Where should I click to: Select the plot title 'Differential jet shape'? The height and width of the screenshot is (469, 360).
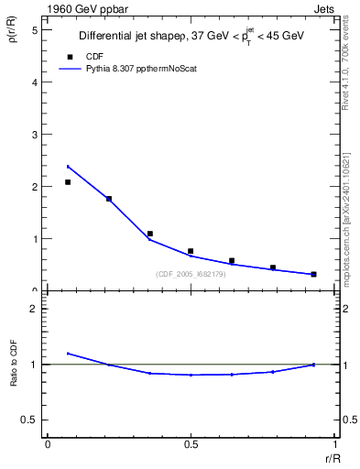click(x=130, y=36)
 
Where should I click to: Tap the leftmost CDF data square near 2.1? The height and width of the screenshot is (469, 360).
click(x=68, y=182)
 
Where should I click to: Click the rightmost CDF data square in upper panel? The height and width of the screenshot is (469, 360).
click(x=313, y=274)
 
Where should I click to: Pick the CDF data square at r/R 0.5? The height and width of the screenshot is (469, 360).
click(x=191, y=251)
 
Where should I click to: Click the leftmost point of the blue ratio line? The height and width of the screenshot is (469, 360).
click(x=68, y=354)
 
